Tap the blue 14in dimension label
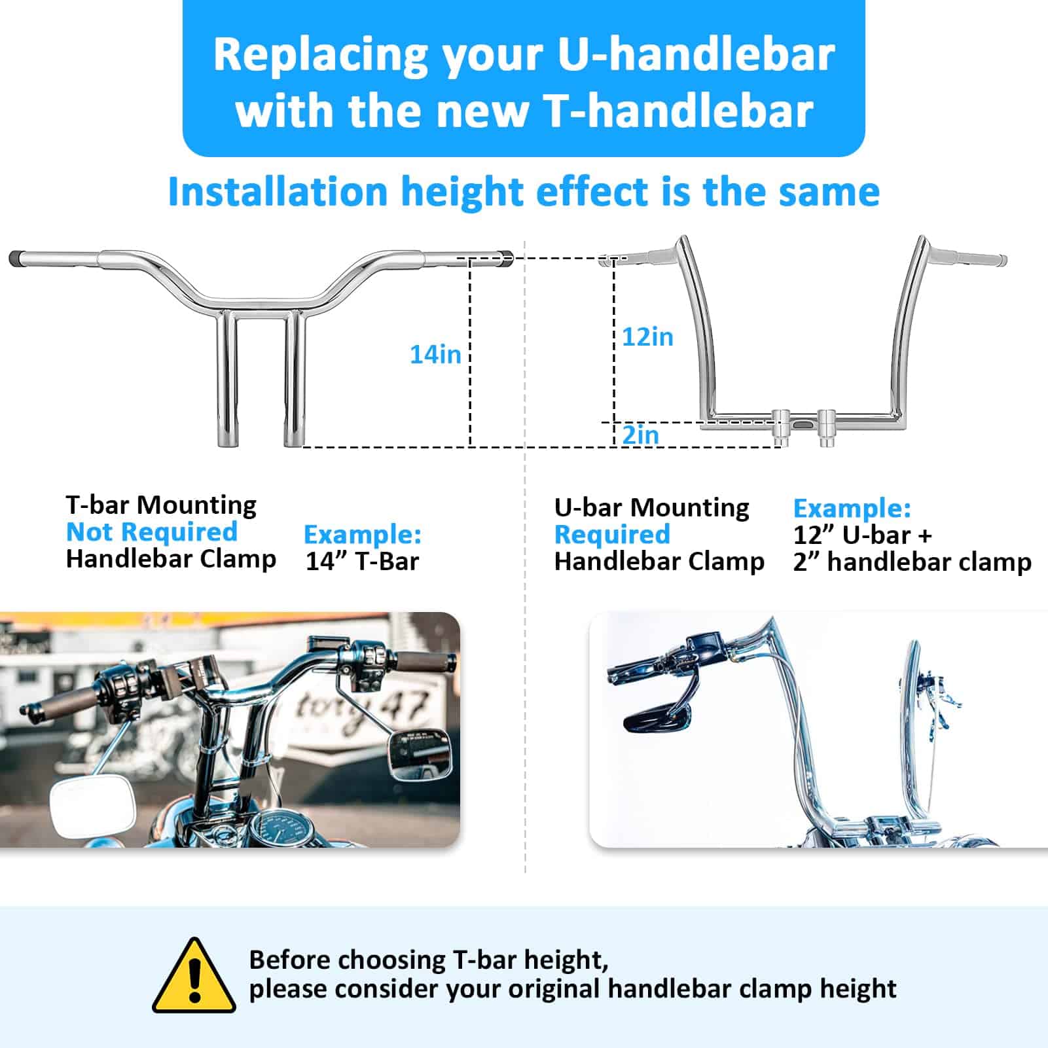pyautogui.click(x=435, y=354)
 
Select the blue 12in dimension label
pyautogui.click(x=647, y=336)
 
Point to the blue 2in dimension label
pyautogui.click(x=640, y=435)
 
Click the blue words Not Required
pyautogui.click(x=152, y=532)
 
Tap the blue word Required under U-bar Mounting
pyautogui.click(x=613, y=535)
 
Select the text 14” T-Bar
pyautogui.click(x=362, y=562)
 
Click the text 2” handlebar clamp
pyautogui.click(x=912, y=562)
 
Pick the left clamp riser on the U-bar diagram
pyautogui.click(x=780, y=426)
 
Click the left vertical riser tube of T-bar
pyautogui.click(x=227, y=378)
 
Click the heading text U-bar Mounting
pyautogui.click(x=652, y=508)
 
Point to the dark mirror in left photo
pyautogui.click(x=419, y=754)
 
